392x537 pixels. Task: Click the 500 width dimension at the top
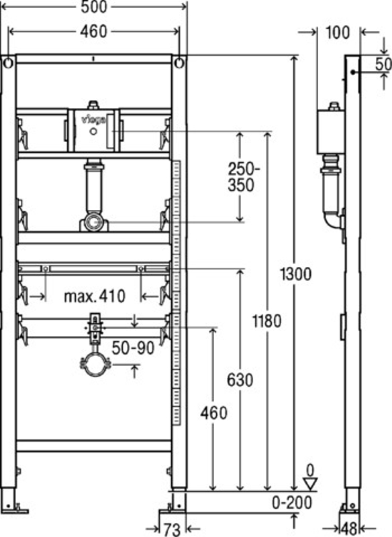click(x=94, y=7)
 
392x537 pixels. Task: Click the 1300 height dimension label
click(x=295, y=274)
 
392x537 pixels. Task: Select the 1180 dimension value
click(x=267, y=321)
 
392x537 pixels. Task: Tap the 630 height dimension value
click(x=240, y=380)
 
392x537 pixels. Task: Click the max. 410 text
click(x=95, y=296)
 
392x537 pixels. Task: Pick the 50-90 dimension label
click(x=133, y=349)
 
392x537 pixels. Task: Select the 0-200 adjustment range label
click(x=292, y=502)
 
